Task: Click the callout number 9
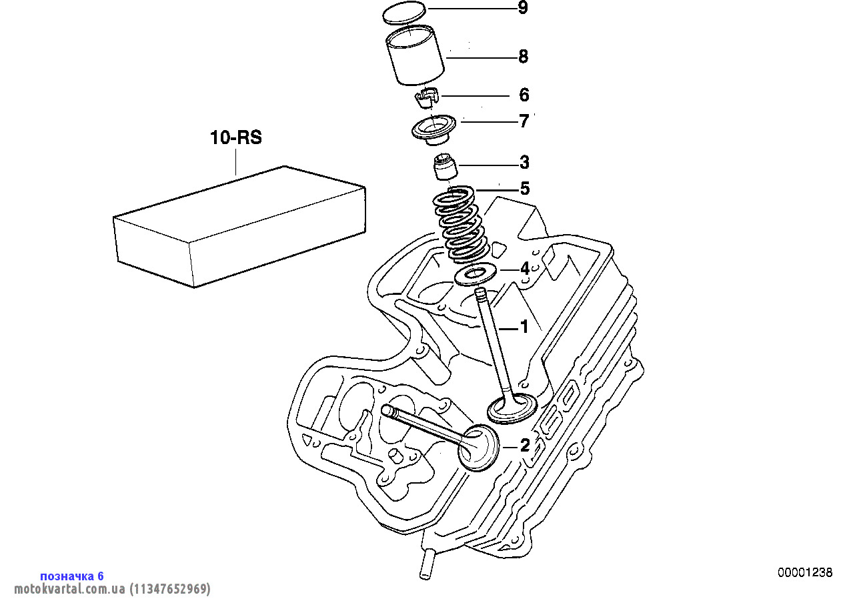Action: click(x=523, y=8)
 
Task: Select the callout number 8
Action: click(x=523, y=57)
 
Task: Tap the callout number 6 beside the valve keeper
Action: click(x=524, y=95)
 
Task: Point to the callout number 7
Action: click(x=524, y=121)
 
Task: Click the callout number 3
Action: click(x=524, y=162)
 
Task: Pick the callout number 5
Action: click(x=525, y=189)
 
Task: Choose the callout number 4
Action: click(x=525, y=269)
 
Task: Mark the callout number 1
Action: click(x=524, y=327)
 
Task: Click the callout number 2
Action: click(x=525, y=445)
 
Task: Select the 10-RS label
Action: click(x=236, y=138)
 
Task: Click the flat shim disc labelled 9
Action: click(x=404, y=13)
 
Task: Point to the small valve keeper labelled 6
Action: click(x=425, y=97)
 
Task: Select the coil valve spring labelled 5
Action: click(x=461, y=223)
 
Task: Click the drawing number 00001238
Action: click(x=805, y=572)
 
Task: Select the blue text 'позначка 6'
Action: click(x=72, y=576)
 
